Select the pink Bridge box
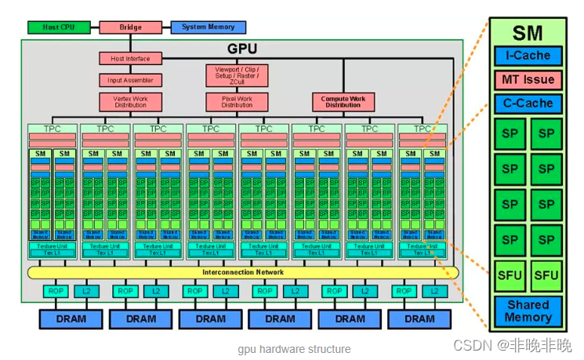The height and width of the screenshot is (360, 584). pyautogui.click(x=130, y=27)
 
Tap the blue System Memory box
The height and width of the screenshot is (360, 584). pyautogui.click(x=208, y=27)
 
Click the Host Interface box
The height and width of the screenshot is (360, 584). pyautogui.click(x=130, y=58)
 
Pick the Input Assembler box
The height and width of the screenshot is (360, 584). pyautogui.click(x=130, y=80)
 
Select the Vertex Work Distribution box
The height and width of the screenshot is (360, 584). pyautogui.click(x=130, y=102)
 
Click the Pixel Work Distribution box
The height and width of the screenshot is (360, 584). pyautogui.click(x=237, y=102)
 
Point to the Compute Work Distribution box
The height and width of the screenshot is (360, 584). pyautogui.click(x=343, y=102)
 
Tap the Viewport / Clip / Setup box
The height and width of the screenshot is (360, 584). pyautogui.click(x=237, y=75)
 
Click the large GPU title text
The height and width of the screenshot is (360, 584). pyautogui.click(x=242, y=48)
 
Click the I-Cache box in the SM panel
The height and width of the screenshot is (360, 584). pyautogui.click(x=528, y=56)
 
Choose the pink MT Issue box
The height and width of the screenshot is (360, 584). pyautogui.click(x=528, y=79)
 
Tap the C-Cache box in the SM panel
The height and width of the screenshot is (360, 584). pyautogui.click(x=528, y=103)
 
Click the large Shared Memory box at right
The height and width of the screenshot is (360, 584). pyautogui.click(x=528, y=311)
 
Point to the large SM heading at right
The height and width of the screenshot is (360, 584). pyautogui.click(x=528, y=33)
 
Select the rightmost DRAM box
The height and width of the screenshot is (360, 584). pyautogui.click(x=419, y=318)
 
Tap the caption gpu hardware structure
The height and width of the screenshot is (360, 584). pyautogui.click(x=295, y=349)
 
